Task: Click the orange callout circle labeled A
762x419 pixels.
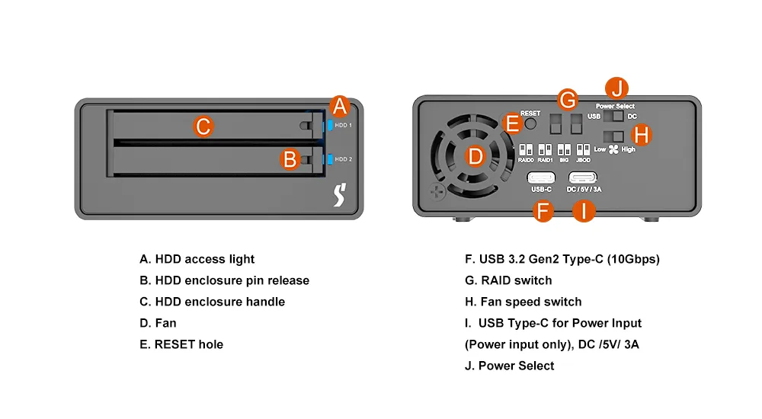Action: click(x=340, y=107)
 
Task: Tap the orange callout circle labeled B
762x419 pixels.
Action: click(x=289, y=159)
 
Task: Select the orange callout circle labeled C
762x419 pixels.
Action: click(x=203, y=126)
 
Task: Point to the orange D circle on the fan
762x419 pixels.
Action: click(x=475, y=157)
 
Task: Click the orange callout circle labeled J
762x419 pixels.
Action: click(x=616, y=88)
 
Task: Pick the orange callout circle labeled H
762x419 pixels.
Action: click(x=642, y=135)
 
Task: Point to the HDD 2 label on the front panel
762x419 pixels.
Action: click(x=344, y=159)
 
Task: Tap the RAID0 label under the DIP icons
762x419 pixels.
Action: click(x=526, y=161)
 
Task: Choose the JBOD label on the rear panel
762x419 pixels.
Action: click(x=583, y=161)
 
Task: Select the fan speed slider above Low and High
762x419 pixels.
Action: click(x=613, y=137)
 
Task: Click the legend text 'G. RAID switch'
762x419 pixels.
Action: click(x=508, y=280)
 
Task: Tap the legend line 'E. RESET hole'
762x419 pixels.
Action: click(x=181, y=344)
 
